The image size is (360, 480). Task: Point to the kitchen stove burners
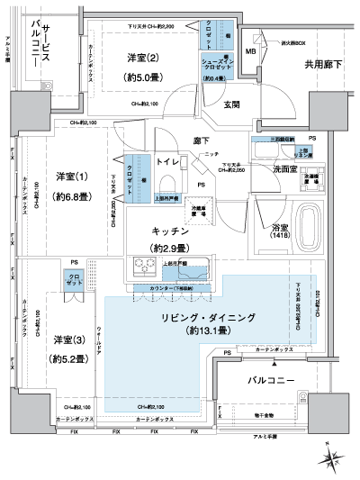(144, 267)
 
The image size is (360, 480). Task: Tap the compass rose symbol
(335, 457)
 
